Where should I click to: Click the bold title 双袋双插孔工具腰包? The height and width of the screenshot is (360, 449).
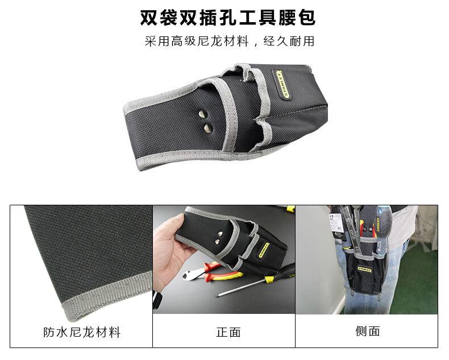pyautogui.click(x=228, y=18)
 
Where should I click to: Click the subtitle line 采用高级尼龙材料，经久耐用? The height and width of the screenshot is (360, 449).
pyautogui.click(x=230, y=42)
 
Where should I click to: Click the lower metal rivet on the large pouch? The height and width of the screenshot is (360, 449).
pyautogui.click(x=209, y=128)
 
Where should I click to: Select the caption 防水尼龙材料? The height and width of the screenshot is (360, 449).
pyautogui.click(x=82, y=332)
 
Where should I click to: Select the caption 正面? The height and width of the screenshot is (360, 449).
pyautogui.click(x=228, y=332)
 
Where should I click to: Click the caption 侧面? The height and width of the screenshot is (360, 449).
pyautogui.click(x=368, y=331)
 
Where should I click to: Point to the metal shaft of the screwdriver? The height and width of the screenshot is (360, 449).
pyautogui.click(x=240, y=287)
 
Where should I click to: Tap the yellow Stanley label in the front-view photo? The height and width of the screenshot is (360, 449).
pyautogui.click(x=264, y=250)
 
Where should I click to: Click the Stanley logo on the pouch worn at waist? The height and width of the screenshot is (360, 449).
pyautogui.click(x=364, y=270)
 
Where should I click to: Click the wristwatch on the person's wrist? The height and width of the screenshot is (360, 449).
pyautogui.click(x=157, y=299)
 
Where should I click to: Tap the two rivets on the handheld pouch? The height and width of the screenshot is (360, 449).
pyautogui.click(x=219, y=238)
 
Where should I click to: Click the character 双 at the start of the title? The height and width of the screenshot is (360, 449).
pyautogui.click(x=149, y=18)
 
